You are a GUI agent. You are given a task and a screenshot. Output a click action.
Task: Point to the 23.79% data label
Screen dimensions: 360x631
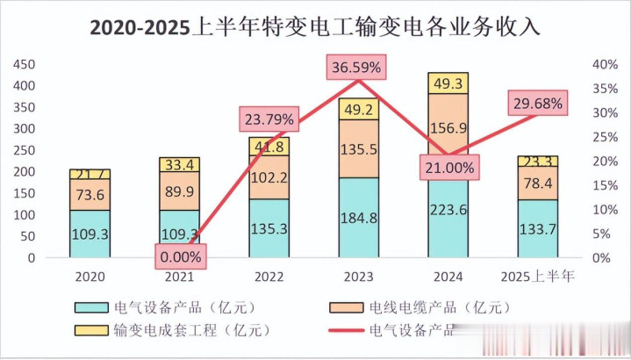(269, 119)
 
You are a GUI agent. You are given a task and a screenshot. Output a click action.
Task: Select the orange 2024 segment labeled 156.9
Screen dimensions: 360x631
(448, 127)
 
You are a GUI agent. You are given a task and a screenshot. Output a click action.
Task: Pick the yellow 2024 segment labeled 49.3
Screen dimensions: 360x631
(448, 83)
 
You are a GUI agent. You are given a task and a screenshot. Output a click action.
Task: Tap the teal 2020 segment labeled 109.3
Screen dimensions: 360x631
(90, 235)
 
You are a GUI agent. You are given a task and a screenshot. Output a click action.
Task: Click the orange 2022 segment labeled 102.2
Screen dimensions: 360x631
(269, 176)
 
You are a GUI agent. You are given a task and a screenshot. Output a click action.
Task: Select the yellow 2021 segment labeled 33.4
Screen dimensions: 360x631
(179, 164)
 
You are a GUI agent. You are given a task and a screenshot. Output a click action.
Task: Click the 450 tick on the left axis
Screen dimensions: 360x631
(24, 65)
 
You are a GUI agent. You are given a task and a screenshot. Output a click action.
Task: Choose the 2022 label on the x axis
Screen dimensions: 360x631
(269, 277)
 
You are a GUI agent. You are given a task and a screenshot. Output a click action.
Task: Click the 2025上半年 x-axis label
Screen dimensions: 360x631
(537, 277)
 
